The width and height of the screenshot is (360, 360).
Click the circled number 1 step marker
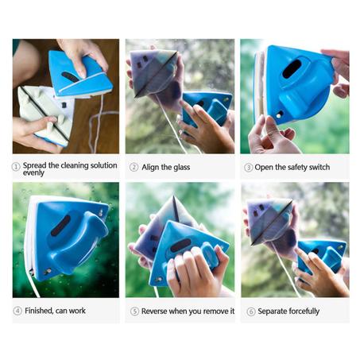click(16, 167)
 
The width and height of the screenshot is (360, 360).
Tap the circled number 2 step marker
click(134, 167)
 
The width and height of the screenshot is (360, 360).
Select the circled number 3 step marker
click(248, 168)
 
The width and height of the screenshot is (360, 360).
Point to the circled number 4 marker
click(17, 311)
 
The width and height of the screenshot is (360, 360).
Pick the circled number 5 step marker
click(134, 311)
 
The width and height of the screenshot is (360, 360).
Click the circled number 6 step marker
click(251, 312)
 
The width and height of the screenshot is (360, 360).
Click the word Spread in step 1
click(34, 165)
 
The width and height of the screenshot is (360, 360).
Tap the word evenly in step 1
click(33, 173)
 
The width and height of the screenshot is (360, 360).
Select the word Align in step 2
click(150, 168)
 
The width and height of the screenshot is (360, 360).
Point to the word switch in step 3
click(319, 167)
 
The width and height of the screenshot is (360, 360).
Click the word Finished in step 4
click(39, 311)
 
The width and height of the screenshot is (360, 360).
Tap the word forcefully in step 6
click(304, 312)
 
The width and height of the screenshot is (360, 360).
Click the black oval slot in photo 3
click(292, 68)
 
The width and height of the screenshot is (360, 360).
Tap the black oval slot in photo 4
click(60, 226)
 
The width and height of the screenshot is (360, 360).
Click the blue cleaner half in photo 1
click(79, 73)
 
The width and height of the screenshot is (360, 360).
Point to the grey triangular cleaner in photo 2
click(153, 72)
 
